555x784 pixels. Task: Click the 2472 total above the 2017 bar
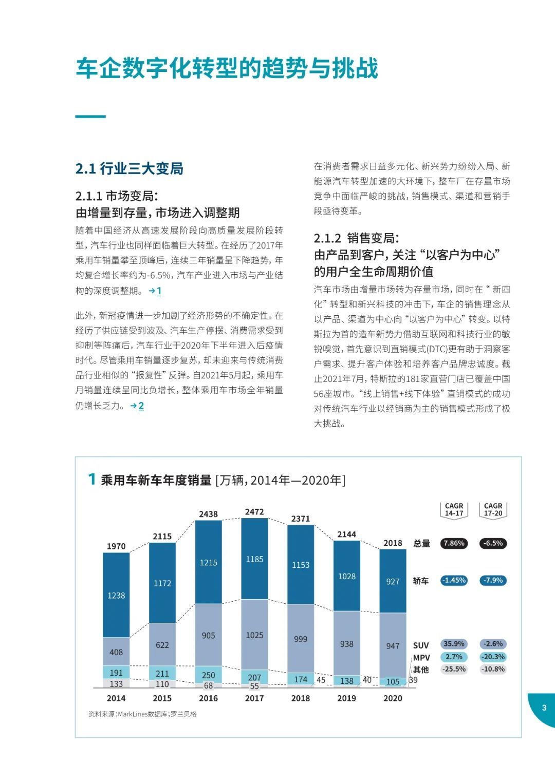coord(254,512)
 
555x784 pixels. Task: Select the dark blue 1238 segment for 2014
coord(116,595)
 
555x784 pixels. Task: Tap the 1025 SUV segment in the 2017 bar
coord(254,635)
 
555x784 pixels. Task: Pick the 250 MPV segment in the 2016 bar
coord(209,674)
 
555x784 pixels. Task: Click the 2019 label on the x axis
coord(346,698)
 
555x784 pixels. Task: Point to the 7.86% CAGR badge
coord(454,543)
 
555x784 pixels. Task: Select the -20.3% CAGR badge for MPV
coord(493,657)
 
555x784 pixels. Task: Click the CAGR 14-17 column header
coord(454,510)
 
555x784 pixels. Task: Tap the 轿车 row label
coord(421,581)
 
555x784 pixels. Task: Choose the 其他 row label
coord(421,670)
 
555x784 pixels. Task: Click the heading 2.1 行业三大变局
coord(129,169)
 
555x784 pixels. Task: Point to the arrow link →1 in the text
coord(155,291)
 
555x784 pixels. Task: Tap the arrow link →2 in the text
coord(137,406)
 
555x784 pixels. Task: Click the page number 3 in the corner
coord(544,707)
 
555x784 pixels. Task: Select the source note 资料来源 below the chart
coord(143,714)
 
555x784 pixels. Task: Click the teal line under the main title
coord(90,116)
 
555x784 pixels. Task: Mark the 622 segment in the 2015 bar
coord(162,645)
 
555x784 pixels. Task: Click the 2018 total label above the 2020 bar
coord(393,543)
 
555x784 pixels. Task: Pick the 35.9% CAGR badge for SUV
coord(454,644)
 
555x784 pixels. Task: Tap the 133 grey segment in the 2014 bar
coord(116,683)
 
